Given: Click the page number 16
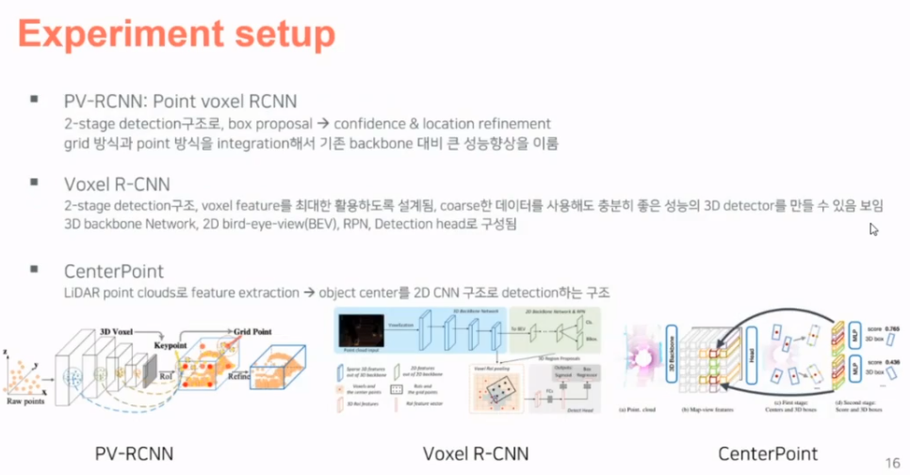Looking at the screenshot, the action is pyautogui.click(x=893, y=462).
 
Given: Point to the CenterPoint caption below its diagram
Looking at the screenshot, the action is pyautogui.click(x=768, y=453).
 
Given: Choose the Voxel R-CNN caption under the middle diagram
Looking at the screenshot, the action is pyautogui.click(x=476, y=454).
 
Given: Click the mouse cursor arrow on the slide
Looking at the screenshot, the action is pyautogui.click(x=873, y=229).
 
